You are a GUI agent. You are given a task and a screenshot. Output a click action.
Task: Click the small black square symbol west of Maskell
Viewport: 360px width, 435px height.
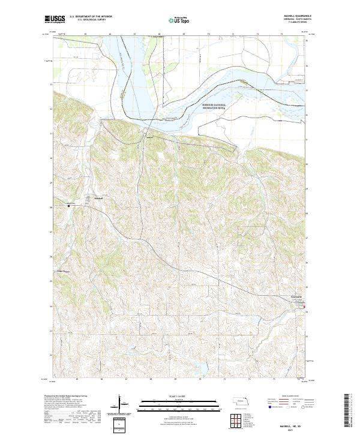(x=69, y=206)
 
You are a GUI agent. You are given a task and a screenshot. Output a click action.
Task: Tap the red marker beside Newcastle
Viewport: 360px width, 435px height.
(x=307, y=311)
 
